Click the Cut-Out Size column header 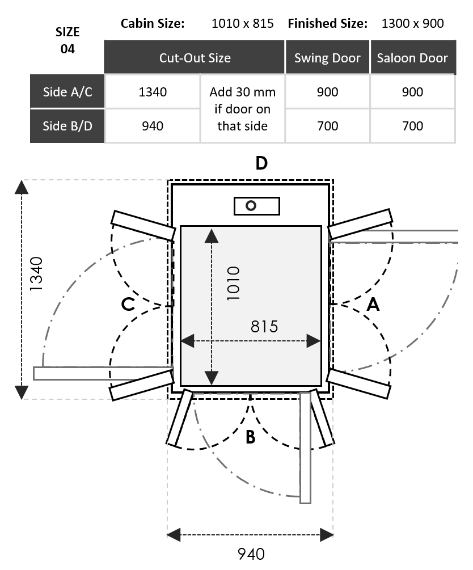tap(195, 58)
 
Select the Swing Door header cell tap(327, 58)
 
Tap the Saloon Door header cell tap(412, 58)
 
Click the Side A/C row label tap(67, 92)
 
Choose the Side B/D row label tap(67, 125)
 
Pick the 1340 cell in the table tap(153, 92)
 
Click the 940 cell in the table tap(153, 125)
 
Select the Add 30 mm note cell tap(243, 108)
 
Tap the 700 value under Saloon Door tap(412, 125)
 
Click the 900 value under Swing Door tap(327, 92)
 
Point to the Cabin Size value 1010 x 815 tap(242, 23)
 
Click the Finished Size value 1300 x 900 tap(412, 23)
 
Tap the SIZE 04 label tap(67, 40)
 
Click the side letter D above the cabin tap(261, 163)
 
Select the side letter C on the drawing tap(129, 305)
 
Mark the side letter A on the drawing tap(373, 305)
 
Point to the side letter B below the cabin tap(250, 437)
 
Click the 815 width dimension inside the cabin tap(264, 327)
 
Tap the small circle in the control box tap(251, 205)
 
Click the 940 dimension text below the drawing tap(251, 553)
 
